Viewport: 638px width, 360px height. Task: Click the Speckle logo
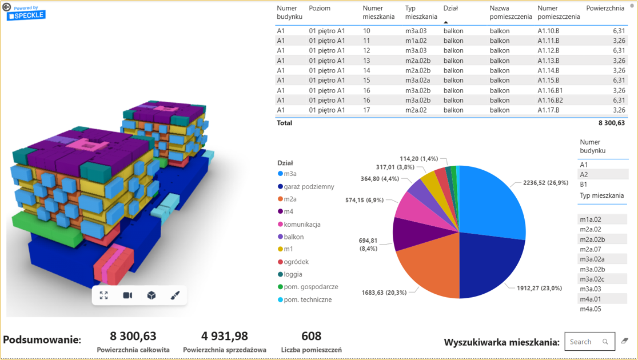tap(26, 14)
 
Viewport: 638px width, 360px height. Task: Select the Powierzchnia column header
tap(605, 9)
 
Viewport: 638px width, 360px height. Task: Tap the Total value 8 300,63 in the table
tap(611, 123)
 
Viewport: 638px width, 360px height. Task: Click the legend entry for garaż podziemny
tap(309, 187)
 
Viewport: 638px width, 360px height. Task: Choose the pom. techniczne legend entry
tap(308, 299)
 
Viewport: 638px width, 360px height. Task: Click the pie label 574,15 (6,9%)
tap(364, 200)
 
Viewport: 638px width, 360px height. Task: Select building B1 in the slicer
tap(584, 185)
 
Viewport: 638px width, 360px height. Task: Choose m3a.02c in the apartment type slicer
tap(592, 279)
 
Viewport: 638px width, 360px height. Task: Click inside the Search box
tap(583, 342)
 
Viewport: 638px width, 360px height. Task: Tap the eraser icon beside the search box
tap(625, 341)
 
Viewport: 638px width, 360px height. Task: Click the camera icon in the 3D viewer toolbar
tap(127, 295)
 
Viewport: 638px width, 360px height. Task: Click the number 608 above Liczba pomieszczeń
tap(311, 336)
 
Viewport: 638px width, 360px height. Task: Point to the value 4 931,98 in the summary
tap(224, 336)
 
